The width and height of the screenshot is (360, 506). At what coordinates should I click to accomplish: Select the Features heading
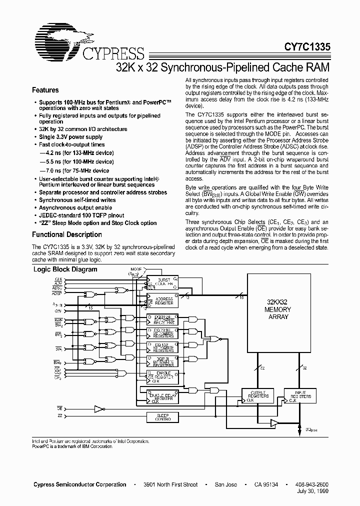point(45,90)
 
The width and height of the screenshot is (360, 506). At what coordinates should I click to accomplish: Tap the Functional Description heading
point(66,234)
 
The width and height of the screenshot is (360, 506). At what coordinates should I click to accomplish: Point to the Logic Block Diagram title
point(65,269)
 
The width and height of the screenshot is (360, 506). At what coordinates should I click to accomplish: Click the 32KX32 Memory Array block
point(277,309)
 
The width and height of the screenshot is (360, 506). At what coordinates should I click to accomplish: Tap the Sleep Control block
point(163,416)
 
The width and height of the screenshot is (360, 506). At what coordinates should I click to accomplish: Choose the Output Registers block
point(255,396)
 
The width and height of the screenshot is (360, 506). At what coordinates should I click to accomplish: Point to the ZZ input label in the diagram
point(59,415)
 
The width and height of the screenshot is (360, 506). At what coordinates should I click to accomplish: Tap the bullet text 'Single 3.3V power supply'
point(70,137)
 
